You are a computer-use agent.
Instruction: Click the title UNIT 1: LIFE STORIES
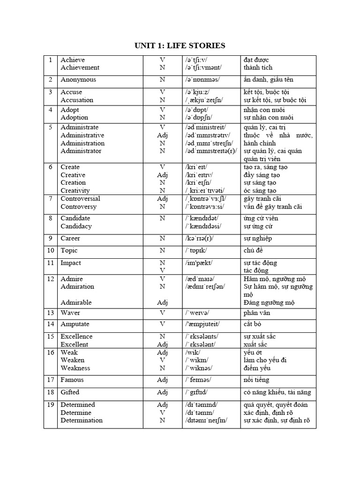(x=180, y=45)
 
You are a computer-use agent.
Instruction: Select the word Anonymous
(x=78, y=80)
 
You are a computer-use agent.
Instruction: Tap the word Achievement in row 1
(x=80, y=67)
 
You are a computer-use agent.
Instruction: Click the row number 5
(x=50, y=127)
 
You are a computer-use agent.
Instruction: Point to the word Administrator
(x=81, y=151)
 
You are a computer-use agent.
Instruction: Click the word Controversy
(x=78, y=206)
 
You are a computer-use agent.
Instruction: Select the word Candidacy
(x=76, y=226)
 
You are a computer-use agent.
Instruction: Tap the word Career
(x=70, y=238)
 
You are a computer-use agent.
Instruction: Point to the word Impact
(x=71, y=262)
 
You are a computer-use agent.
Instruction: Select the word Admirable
(x=76, y=302)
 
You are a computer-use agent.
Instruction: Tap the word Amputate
(x=75, y=324)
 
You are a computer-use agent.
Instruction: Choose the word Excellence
(x=77, y=336)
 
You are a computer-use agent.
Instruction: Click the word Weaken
(x=72, y=360)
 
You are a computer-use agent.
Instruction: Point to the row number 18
(x=50, y=392)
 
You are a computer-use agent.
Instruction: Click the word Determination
(x=82, y=420)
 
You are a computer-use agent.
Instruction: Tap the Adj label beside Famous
(x=162, y=380)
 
